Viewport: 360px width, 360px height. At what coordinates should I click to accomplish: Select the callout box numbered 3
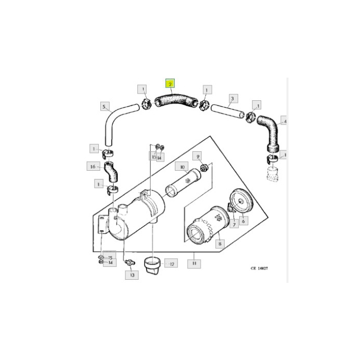tap(232, 98)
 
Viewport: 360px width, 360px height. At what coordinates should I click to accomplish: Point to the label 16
tap(93, 167)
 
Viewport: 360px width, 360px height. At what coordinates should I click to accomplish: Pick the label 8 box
tap(220, 244)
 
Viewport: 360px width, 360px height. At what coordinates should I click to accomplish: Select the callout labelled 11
tap(194, 263)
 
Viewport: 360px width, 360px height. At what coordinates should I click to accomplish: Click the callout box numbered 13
tap(132, 275)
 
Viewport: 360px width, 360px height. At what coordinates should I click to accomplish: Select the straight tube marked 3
tap(226, 112)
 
